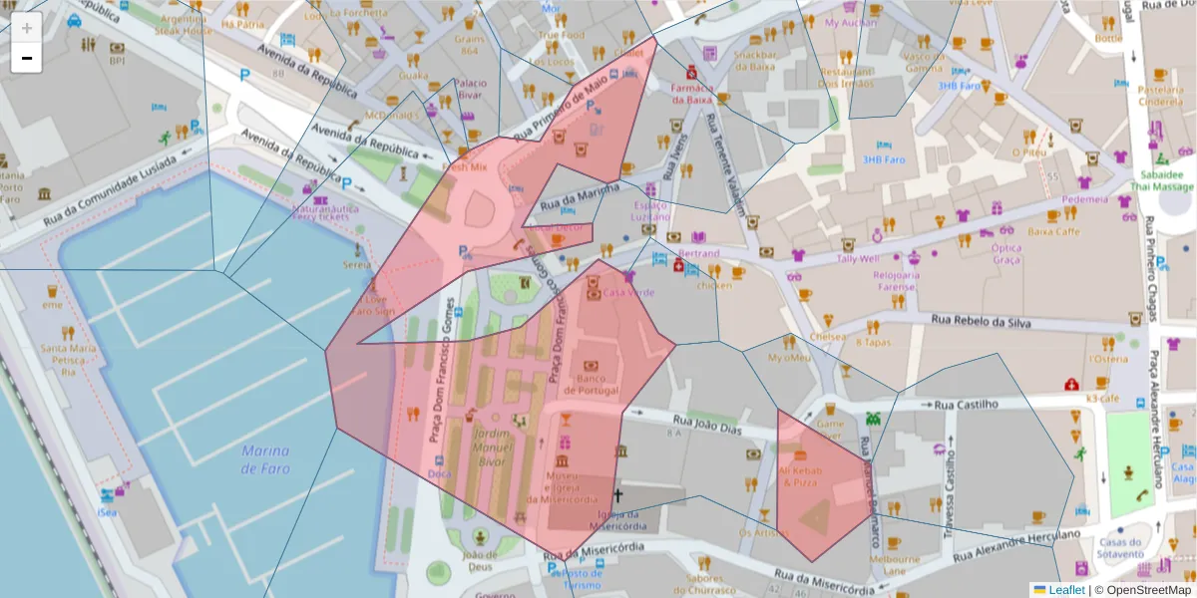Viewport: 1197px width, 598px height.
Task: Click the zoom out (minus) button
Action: [26, 58]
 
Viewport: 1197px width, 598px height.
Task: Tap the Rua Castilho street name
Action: [967, 405]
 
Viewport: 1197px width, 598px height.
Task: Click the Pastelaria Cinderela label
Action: [1160, 96]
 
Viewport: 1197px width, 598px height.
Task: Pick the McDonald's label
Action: [391, 116]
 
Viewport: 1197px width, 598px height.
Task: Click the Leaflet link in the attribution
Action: [1065, 590]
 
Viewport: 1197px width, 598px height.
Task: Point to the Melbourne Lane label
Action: [894, 565]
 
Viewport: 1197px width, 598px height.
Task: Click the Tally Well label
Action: [858, 259]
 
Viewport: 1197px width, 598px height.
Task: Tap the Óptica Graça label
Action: [1006, 253]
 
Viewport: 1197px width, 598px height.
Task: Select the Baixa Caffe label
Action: [1053, 231]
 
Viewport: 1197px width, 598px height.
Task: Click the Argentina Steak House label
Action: [184, 24]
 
